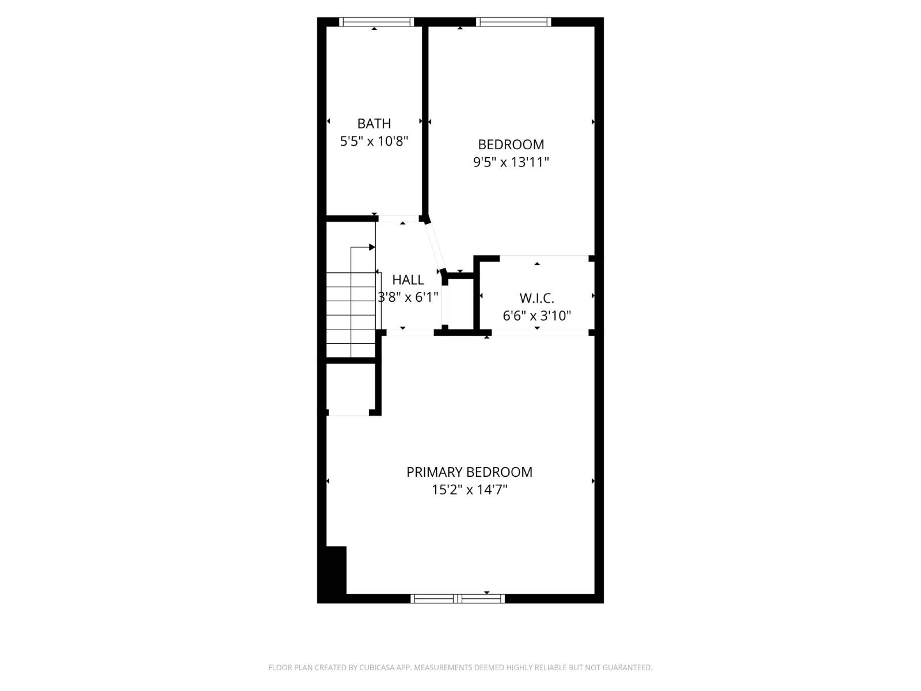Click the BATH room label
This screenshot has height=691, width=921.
(374, 123)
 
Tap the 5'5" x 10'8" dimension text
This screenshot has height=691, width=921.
(374, 141)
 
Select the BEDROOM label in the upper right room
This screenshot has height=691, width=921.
(511, 145)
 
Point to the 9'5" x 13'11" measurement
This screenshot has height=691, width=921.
(511, 162)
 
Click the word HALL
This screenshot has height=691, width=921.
(408, 280)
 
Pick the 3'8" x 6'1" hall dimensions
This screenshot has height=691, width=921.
(408, 297)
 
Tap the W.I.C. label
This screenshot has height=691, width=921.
(536, 298)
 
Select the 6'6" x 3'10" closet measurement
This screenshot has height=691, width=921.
(536, 316)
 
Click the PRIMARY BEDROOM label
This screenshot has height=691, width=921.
(469, 472)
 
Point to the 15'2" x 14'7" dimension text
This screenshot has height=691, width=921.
(469, 490)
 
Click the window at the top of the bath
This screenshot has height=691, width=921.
(376, 22)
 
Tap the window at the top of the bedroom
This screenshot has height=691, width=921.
(513, 22)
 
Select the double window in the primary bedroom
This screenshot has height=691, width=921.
(458, 599)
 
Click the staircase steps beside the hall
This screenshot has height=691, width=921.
(351, 314)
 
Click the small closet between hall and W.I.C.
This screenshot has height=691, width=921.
(461, 304)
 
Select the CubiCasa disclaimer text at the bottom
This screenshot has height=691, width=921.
(460, 667)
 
